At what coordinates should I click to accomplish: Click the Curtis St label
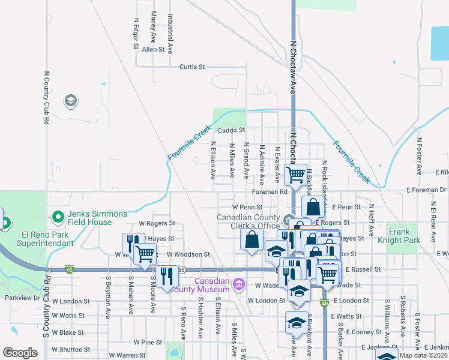(192, 67)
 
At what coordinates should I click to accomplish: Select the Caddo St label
(232, 130)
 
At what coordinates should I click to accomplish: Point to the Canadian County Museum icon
(238, 283)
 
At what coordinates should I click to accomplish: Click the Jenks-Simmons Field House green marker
(58, 216)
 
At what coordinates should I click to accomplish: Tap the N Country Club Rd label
(46, 98)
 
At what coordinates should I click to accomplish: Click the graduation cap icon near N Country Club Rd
(71, 100)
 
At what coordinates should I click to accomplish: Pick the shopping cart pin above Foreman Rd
(295, 175)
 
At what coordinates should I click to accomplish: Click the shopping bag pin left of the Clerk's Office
(252, 238)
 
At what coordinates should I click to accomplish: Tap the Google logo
(20, 353)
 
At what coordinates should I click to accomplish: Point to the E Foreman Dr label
(429, 190)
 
